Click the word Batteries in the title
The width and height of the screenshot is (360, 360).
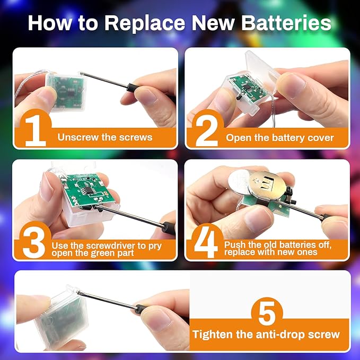(286, 23)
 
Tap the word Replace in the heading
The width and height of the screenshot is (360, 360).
(145, 23)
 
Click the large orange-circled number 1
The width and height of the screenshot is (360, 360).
(36, 130)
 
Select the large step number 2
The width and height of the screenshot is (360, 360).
(207, 131)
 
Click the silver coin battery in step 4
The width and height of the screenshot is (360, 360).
(239, 181)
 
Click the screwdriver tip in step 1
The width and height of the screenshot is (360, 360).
(81, 73)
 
